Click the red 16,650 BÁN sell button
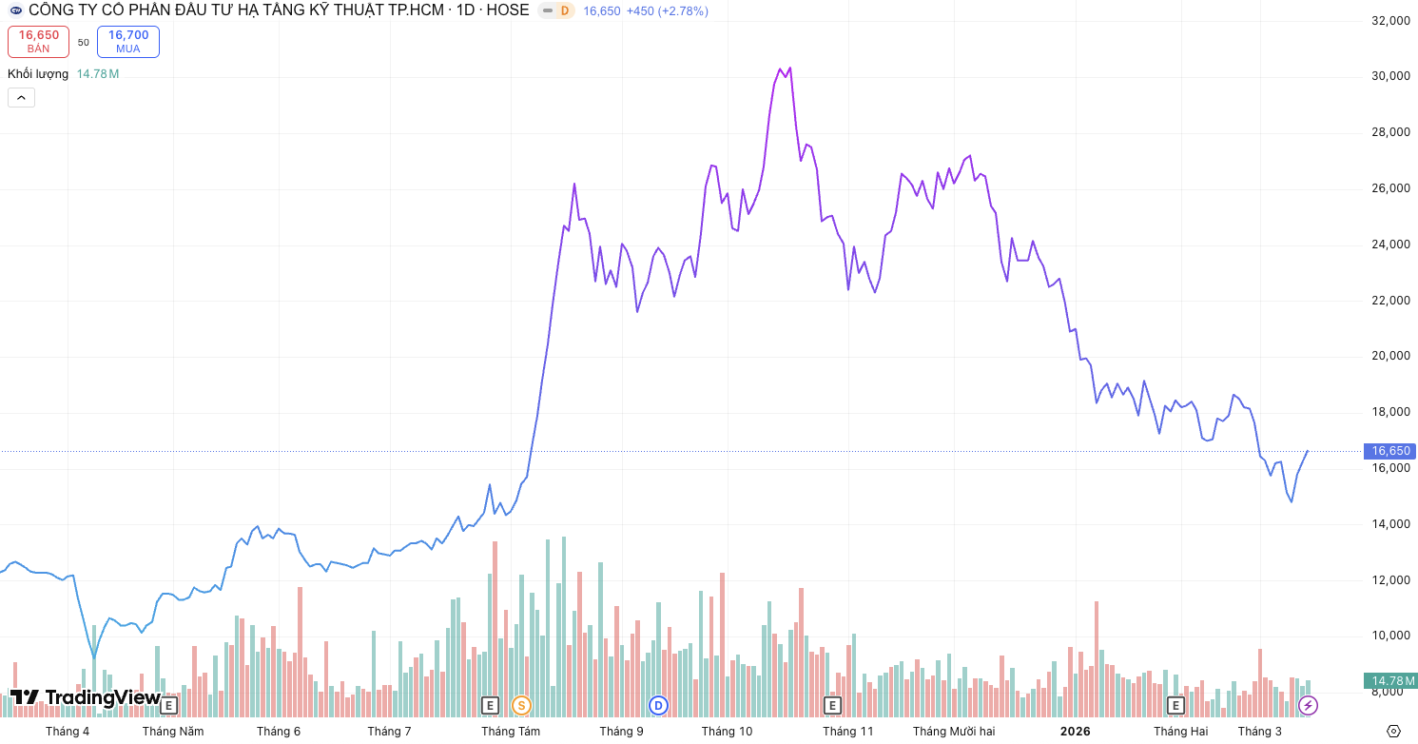click(x=39, y=41)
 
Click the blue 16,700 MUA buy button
click(x=127, y=41)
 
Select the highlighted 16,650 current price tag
click(x=1389, y=451)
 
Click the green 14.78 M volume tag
click(x=1389, y=680)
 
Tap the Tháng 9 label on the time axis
click(x=621, y=731)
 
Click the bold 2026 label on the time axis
click(x=1075, y=731)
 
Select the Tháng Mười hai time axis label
click(x=953, y=731)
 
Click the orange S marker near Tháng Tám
click(x=521, y=705)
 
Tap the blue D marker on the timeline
click(x=657, y=705)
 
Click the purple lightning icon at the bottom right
click(x=1309, y=705)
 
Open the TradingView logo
click(x=86, y=697)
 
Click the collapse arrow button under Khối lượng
click(x=21, y=97)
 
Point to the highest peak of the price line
click(x=789, y=69)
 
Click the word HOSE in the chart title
click(x=509, y=10)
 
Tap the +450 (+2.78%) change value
click(x=667, y=11)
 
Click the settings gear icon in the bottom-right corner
click(x=1393, y=731)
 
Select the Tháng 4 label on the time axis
click(x=68, y=731)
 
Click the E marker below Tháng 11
click(x=832, y=705)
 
